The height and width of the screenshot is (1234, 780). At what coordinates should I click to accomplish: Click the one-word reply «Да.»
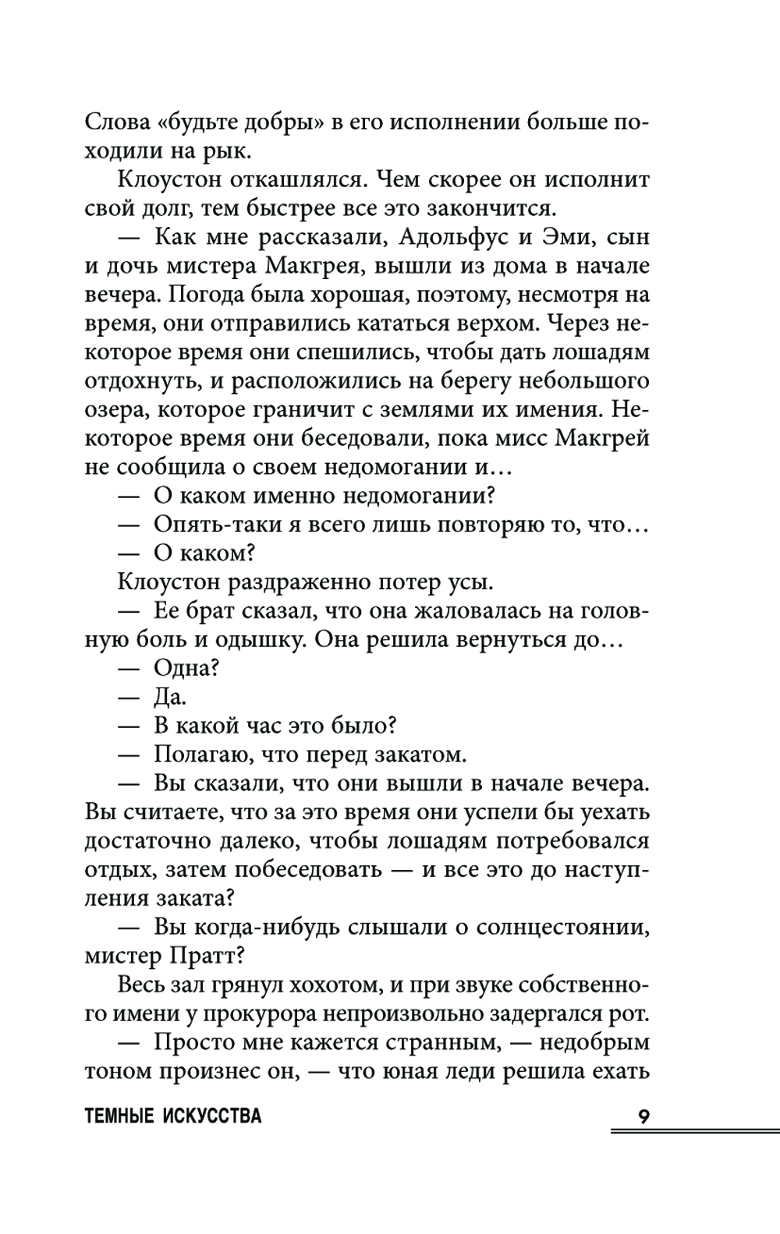[x=170, y=697]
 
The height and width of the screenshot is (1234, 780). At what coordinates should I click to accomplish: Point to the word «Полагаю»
[x=207, y=755]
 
